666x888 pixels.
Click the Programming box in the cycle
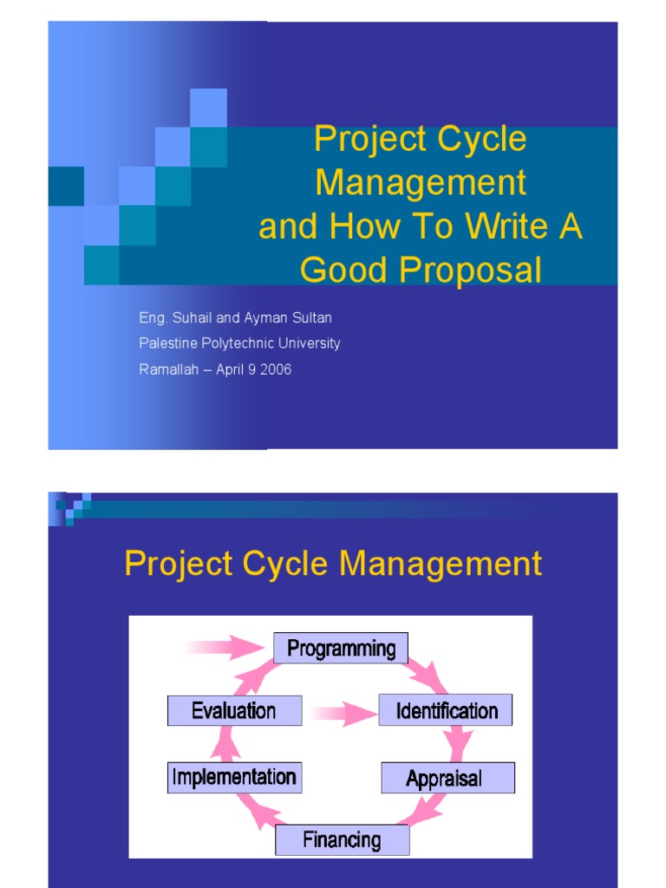click(341, 648)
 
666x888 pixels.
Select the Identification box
click(446, 710)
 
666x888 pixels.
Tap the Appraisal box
click(447, 778)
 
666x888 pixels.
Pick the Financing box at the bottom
click(342, 839)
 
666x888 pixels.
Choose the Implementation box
click(234, 777)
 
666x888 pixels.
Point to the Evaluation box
click(234, 710)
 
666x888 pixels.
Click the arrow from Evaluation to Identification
click(340, 713)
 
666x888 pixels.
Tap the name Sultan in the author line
click(310, 318)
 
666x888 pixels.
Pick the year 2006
click(274, 369)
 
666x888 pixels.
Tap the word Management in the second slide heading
click(441, 564)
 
